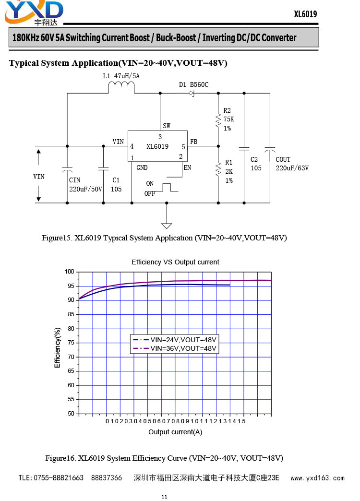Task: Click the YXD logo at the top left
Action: pos(34,13)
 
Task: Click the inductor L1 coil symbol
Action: pos(121,87)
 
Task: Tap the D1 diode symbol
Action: pos(192,93)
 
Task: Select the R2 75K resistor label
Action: pos(228,119)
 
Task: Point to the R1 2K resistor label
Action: pos(229,171)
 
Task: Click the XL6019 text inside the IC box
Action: pos(157,146)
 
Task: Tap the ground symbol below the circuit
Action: pos(167,226)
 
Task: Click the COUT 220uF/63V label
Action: pos(292,164)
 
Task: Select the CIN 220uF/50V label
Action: pos(85,185)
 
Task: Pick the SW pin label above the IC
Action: pos(167,126)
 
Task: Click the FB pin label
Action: pos(194,142)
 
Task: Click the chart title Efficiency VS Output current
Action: pos(175,262)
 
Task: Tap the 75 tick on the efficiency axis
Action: pos(71,343)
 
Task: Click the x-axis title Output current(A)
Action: pos(175,432)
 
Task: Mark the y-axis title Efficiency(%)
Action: pos(58,347)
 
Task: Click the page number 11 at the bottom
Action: pos(164,497)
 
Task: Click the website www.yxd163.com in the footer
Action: pos(317,478)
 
